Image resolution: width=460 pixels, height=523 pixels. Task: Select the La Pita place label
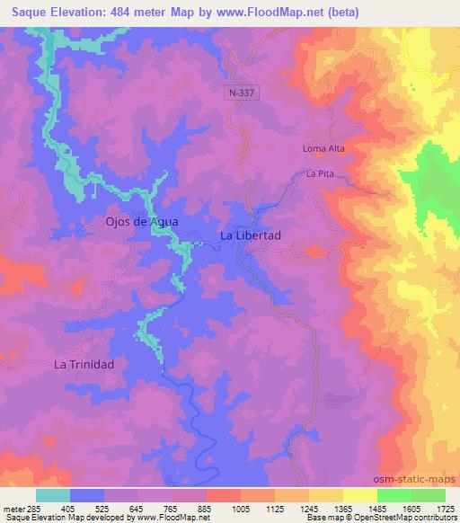321,173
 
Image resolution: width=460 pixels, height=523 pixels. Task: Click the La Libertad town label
251,235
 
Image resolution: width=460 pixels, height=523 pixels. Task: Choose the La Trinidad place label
84,365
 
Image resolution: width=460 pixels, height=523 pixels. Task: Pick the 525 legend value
102,507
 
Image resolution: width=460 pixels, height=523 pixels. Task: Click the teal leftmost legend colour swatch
53,494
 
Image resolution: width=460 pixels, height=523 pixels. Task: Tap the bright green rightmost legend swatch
429,494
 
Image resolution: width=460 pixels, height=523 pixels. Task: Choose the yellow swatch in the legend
360,494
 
